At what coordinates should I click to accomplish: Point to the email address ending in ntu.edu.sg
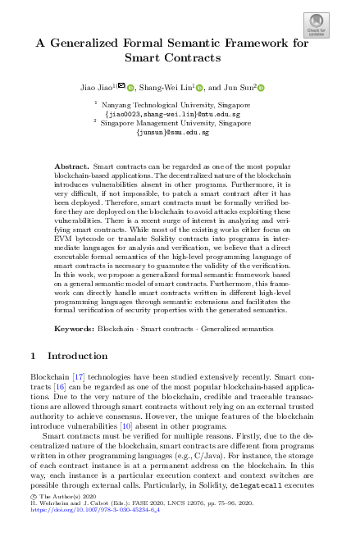tap(179, 114)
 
